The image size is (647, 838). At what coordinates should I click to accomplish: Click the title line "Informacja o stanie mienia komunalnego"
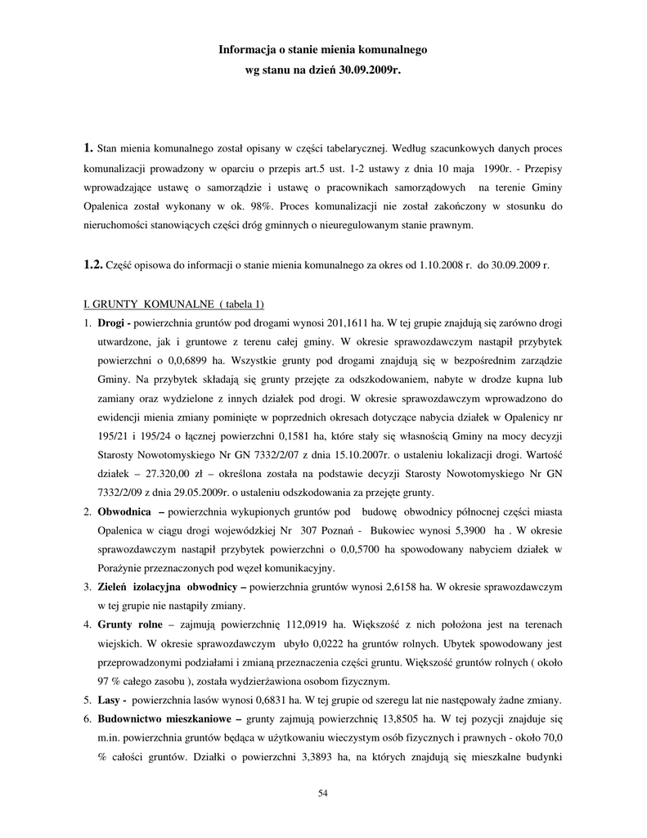click(322, 50)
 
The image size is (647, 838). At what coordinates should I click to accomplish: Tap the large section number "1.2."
click(92, 265)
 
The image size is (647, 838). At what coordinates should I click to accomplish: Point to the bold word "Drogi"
click(113, 322)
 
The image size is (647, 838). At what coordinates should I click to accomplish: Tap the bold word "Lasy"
click(110, 701)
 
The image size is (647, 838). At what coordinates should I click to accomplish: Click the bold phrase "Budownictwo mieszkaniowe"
click(166, 719)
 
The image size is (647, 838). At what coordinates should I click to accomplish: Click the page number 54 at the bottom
click(322, 793)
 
